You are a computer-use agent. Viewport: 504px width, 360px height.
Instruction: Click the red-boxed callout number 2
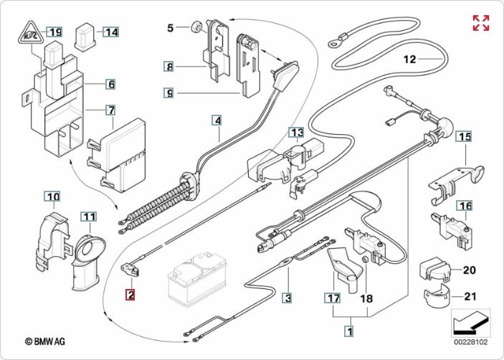pos(130,293)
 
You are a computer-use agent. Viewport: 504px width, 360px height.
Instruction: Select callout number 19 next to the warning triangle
pos(54,32)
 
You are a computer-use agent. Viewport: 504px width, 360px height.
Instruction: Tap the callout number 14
pos(110,32)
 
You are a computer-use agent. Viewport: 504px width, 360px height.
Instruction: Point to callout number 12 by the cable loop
pos(409,60)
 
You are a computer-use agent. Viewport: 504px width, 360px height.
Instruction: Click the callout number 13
pos(296,132)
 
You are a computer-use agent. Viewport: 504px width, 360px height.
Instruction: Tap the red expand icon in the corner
pos(481,22)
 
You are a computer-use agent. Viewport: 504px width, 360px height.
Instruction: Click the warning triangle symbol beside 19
pos(30,32)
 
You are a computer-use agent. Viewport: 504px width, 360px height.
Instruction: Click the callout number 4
pos(217,120)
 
